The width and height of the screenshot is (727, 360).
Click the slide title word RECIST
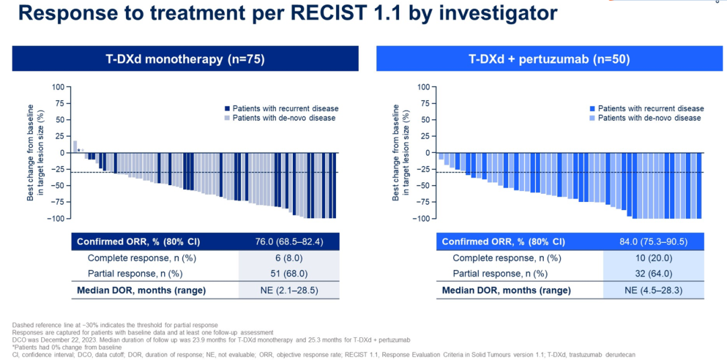(x=374, y=13)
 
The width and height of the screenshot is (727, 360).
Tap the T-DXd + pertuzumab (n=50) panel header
(x=549, y=59)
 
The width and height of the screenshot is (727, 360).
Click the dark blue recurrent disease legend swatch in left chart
(x=227, y=108)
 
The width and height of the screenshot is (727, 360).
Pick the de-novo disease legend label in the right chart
(x=649, y=118)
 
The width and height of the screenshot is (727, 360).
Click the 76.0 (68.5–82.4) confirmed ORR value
(x=289, y=242)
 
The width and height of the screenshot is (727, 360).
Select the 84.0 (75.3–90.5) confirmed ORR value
(x=654, y=242)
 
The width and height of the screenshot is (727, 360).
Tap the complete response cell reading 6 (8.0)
(x=289, y=258)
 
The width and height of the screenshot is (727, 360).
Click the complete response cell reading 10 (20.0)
(x=654, y=258)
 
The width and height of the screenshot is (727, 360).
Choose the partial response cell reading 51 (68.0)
(x=289, y=274)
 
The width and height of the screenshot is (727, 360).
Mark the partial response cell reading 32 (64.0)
(x=654, y=274)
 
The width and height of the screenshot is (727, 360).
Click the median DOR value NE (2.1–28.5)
(x=289, y=290)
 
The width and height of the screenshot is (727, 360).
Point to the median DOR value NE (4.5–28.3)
(x=654, y=290)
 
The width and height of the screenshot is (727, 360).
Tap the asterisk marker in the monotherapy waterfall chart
(x=79, y=150)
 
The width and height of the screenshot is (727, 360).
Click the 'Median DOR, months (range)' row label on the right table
(x=506, y=290)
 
